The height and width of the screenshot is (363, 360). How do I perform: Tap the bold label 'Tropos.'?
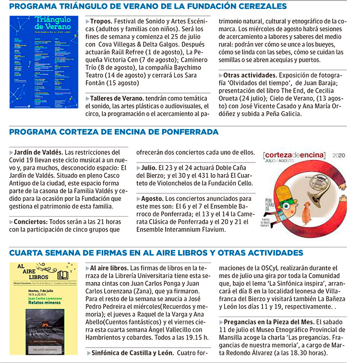pos(101,22)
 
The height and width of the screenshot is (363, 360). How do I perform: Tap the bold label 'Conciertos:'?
pos(30,222)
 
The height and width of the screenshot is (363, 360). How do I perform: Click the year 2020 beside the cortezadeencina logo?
pos(338,155)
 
